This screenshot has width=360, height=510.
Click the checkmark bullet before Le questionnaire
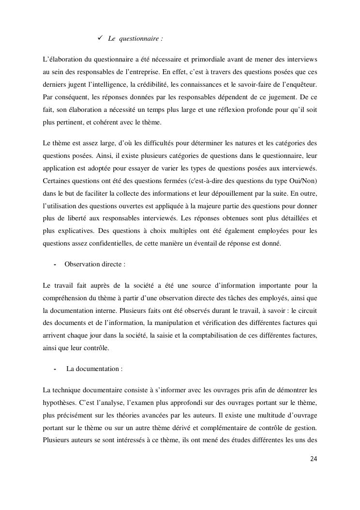click(x=101, y=37)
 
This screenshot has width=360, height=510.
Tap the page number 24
click(x=313, y=459)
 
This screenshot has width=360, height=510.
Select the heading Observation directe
click(x=94, y=264)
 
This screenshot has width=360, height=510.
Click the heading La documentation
click(x=94, y=369)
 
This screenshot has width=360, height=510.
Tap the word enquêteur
click(x=301, y=84)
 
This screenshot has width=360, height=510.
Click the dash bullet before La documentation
click(x=55, y=369)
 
